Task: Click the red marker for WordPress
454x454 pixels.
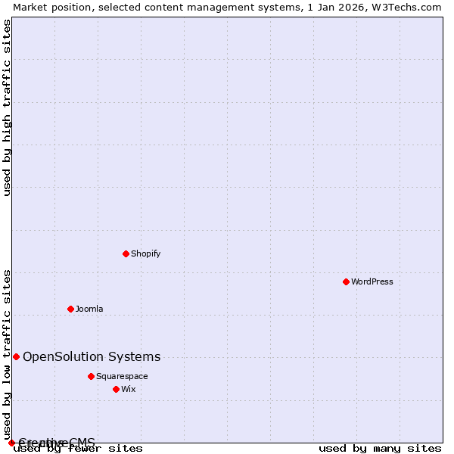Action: point(346,281)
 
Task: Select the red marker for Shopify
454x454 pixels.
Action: point(126,253)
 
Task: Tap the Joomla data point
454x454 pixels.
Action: point(70,309)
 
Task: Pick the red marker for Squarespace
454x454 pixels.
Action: point(91,376)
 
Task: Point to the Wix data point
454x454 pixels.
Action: point(116,389)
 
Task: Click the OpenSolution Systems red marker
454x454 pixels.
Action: point(16,356)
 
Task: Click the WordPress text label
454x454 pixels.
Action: point(372,281)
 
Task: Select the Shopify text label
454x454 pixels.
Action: point(145,253)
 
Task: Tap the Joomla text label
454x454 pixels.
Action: point(89,309)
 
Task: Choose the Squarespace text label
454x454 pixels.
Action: point(122,376)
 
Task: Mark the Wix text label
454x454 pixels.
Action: point(129,389)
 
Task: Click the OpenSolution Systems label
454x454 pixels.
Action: point(92,357)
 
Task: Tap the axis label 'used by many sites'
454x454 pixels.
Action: point(380,449)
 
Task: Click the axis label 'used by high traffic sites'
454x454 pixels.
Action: point(7,107)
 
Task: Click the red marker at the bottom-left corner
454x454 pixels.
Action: point(11,443)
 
